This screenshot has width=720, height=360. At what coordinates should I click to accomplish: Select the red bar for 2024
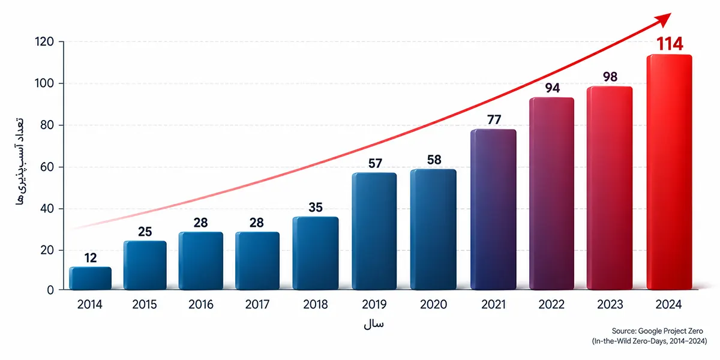pyautogui.click(x=669, y=172)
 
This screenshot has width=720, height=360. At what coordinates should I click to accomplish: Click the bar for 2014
pyautogui.click(x=91, y=278)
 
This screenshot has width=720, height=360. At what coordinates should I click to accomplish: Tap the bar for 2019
pyautogui.click(x=374, y=231)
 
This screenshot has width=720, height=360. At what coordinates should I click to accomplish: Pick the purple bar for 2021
pyautogui.click(x=493, y=209)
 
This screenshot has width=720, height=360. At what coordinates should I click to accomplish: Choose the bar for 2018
pyautogui.click(x=316, y=253)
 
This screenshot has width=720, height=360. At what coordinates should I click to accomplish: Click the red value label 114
pyautogui.click(x=670, y=44)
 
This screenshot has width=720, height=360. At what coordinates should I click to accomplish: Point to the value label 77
pyautogui.click(x=494, y=119)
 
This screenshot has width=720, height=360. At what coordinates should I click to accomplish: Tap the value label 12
pyautogui.click(x=91, y=258)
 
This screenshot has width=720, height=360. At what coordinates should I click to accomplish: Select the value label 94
pyautogui.click(x=553, y=88)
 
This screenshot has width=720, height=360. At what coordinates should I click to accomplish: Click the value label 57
pyautogui.click(x=375, y=163)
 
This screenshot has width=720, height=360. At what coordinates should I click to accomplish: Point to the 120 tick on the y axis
pyautogui.click(x=44, y=42)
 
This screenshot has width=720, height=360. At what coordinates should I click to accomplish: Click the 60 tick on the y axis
pyautogui.click(x=47, y=167)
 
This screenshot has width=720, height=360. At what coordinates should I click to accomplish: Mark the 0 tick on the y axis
pyautogui.click(x=50, y=290)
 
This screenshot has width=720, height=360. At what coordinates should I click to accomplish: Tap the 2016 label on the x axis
pyautogui.click(x=201, y=304)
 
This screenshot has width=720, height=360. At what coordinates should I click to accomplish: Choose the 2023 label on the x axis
pyautogui.click(x=610, y=304)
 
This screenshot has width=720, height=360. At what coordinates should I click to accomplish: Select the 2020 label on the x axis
pyautogui.click(x=433, y=304)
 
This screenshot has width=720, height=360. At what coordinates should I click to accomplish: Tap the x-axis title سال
pyautogui.click(x=374, y=324)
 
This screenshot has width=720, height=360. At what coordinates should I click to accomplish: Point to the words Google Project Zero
pyautogui.click(x=671, y=331)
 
